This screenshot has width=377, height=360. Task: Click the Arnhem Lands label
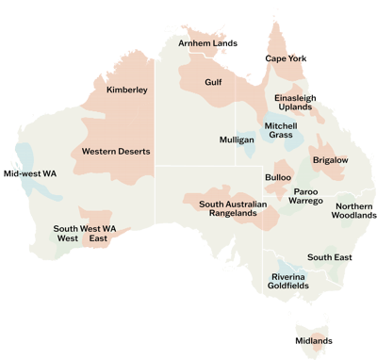pyautogui.click(x=208, y=43)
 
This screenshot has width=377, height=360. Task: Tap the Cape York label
pyautogui.click(x=286, y=58)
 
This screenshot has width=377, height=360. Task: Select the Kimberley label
pyautogui.click(x=127, y=90)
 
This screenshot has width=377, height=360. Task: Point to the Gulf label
pyautogui.click(x=213, y=82)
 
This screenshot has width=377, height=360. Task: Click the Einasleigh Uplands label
pyautogui.click(x=295, y=103)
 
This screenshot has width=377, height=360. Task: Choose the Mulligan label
pyautogui.click(x=237, y=139)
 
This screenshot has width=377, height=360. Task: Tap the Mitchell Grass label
pyautogui.click(x=281, y=131)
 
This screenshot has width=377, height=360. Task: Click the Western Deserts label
pyautogui.click(x=116, y=151)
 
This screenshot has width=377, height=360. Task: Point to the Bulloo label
pyautogui.click(x=278, y=177)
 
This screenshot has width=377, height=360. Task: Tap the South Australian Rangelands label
pyautogui.click(x=233, y=208)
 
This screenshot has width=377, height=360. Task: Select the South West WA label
pyautogui.click(x=85, y=228)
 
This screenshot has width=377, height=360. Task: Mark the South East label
pyautogui.click(x=329, y=257)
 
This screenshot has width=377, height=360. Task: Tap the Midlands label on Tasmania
pyautogui.click(x=314, y=341)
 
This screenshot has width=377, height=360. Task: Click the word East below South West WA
pyautogui.click(x=97, y=239)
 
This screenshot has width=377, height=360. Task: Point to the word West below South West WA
pyautogui.click(x=68, y=239)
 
